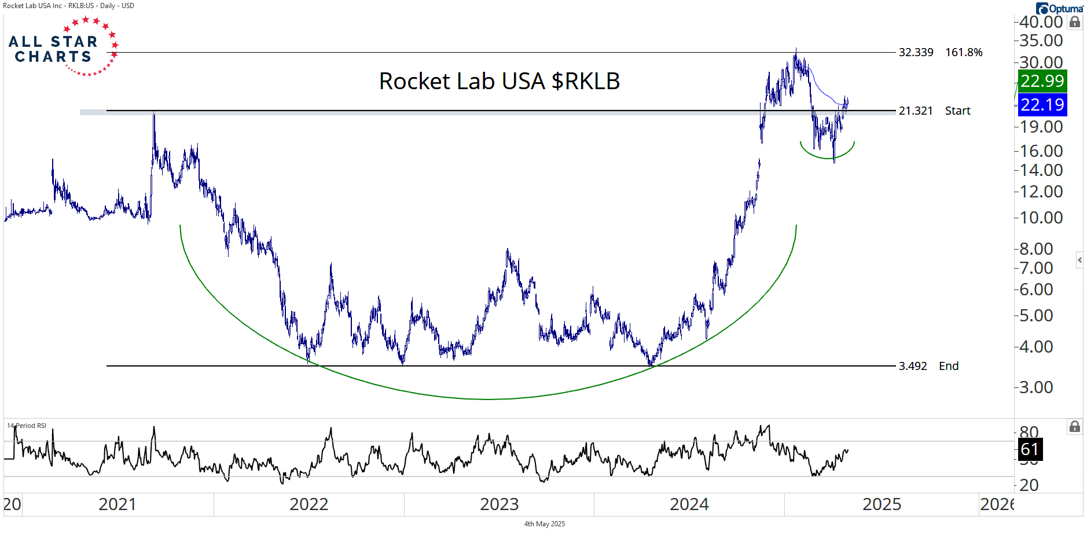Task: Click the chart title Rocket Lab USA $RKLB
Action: coord(499,81)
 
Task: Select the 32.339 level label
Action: coord(916,52)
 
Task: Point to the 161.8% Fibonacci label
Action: coord(964,52)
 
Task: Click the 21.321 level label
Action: coord(916,111)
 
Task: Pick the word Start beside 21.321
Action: coord(957,111)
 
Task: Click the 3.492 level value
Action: coord(913,366)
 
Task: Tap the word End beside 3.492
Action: coord(949,366)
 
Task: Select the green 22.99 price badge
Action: coord(1042,81)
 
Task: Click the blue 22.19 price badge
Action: coord(1042,105)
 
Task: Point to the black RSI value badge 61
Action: coord(1030,449)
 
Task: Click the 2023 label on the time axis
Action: coord(499,504)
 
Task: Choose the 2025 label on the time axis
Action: coord(882,504)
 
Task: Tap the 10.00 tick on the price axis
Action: coord(1041,218)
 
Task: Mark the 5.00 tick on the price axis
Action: coord(1041,316)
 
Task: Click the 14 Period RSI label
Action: coord(27,426)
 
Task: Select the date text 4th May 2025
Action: coord(544,524)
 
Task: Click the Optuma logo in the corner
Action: coord(1059,8)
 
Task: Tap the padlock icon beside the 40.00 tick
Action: coord(1075,22)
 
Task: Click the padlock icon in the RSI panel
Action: coord(1075,427)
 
